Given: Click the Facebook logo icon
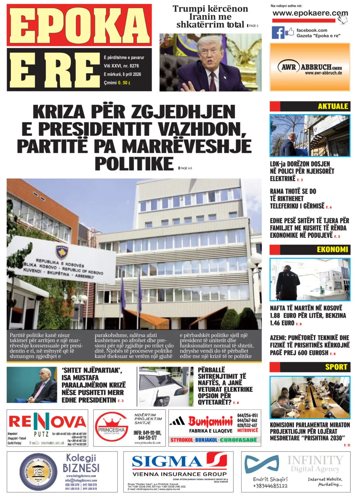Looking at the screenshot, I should click(x=278, y=33).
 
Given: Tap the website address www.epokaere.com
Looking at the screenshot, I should click(x=310, y=14).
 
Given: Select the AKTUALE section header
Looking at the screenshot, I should click(x=333, y=106).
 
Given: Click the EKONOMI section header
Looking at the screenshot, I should click(x=332, y=250).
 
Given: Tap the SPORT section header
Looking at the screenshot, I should click(x=336, y=367).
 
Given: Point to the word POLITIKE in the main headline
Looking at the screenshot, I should click(x=134, y=163).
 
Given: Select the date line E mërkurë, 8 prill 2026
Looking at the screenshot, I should click(x=122, y=74).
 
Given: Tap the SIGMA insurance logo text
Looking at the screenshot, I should click(x=167, y=462).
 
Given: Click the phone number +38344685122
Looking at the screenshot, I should click(x=270, y=486).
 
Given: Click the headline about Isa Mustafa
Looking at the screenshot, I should click(x=93, y=385).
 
